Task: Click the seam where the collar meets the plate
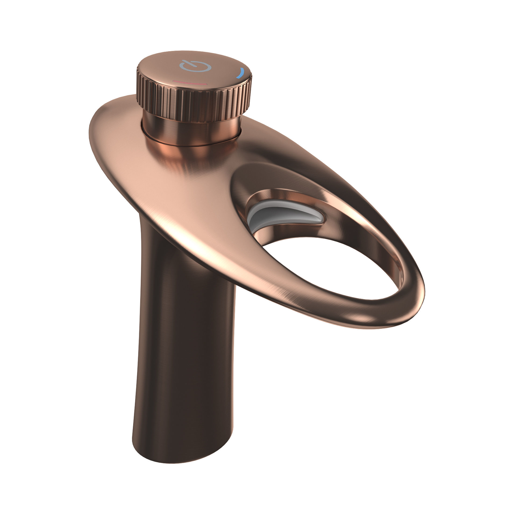[192, 146]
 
